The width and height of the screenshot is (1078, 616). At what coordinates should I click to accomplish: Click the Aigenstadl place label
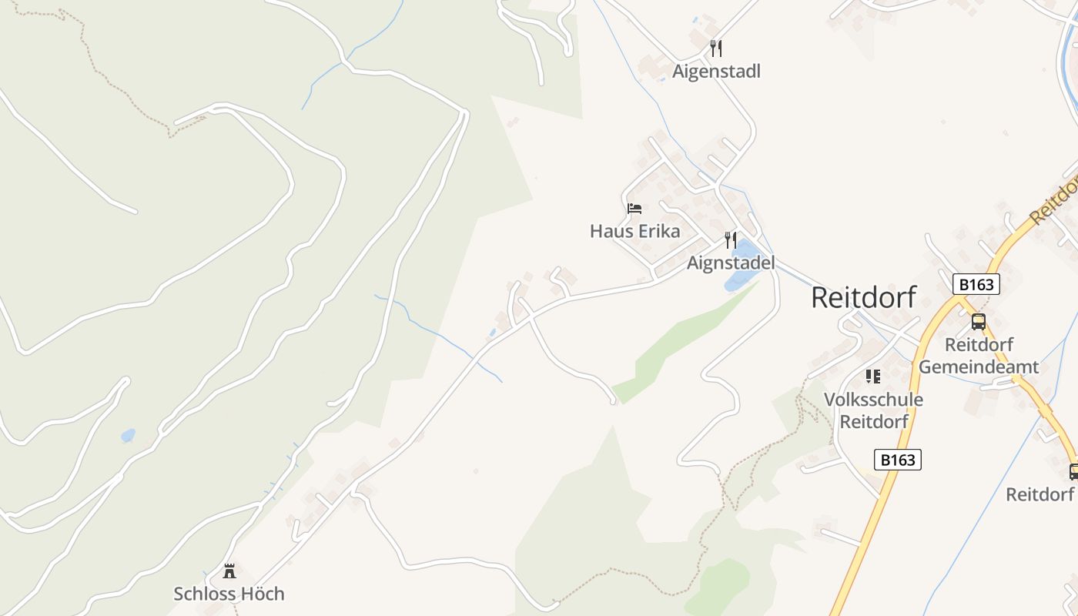[x=716, y=72]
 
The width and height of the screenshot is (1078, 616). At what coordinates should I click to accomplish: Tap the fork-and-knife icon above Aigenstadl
[x=716, y=49]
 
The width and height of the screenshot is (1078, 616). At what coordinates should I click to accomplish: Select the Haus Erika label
[x=635, y=231]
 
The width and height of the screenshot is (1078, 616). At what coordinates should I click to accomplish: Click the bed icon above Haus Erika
[x=634, y=209]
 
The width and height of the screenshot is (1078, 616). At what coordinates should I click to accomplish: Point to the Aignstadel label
[x=731, y=263]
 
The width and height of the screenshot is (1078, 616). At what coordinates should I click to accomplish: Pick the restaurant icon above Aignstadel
[x=731, y=240]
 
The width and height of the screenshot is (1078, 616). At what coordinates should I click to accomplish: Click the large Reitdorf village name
[x=864, y=297]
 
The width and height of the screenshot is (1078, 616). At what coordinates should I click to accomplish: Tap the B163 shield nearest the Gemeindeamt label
[x=976, y=284]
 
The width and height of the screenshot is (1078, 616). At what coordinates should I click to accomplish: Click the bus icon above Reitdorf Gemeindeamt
[x=979, y=322]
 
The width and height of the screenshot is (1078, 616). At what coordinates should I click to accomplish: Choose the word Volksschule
[x=873, y=400]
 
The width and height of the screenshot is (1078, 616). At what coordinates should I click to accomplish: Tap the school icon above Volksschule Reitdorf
[x=873, y=377]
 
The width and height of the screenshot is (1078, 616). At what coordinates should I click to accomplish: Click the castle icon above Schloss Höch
[x=229, y=571]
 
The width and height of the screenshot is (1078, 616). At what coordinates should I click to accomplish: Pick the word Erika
[x=659, y=231]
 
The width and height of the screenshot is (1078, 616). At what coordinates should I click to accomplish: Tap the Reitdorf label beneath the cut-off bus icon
[x=1039, y=494]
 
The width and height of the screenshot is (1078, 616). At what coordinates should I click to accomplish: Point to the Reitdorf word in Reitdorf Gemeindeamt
[x=979, y=344]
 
